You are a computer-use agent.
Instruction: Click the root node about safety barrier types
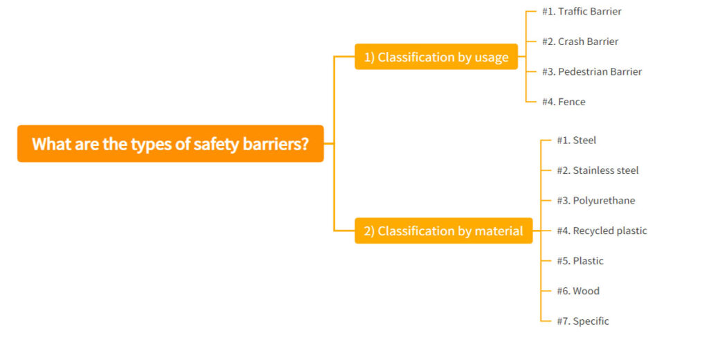pyautogui.click(x=170, y=144)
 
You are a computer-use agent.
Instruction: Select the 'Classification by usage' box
pyautogui.click(x=436, y=57)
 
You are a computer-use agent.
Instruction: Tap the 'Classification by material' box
pyautogui.click(x=444, y=231)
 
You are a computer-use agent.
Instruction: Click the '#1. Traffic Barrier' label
pyautogui.click(x=582, y=12)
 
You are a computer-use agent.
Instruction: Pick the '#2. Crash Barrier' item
pyautogui.click(x=580, y=42)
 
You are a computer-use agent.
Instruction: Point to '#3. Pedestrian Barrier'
pyautogui.click(x=591, y=72)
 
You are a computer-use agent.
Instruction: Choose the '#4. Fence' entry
pyautogui.click(x=564, y=102)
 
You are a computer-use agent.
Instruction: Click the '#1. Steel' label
pyautogui.click(x=576, y=141)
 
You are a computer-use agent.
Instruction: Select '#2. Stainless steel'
pyautogui.click(x=598, y=170)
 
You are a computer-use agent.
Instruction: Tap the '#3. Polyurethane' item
pyautogui.click(x=595, y=201)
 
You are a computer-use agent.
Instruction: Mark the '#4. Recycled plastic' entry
pyautogui.click(x=602, y=231)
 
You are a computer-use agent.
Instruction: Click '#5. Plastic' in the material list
pyautogui.click(x=580, y=261)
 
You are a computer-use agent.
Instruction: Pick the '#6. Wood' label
pyautogui.click(x=578, y=291)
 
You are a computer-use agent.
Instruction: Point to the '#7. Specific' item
pyautogui.click(x=583, y=321)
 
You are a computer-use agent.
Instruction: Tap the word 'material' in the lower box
pyautogui.click(x=499, y=231)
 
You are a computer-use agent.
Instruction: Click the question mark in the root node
pyautogui.click(x=304, y=144)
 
